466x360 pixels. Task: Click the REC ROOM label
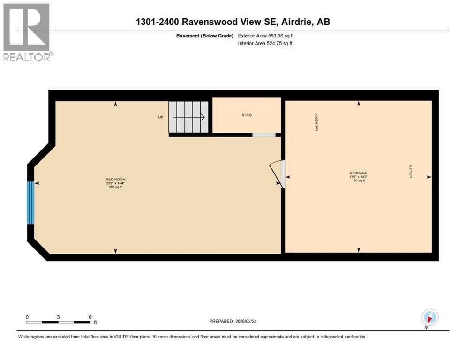click(x=115, y=180)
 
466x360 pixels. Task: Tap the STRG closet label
click(x=247, y=115)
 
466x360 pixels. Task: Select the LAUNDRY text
click(x=316, y=122)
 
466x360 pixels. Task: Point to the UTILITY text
click(x=411, y=171)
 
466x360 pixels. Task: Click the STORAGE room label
click(x=358, y=172)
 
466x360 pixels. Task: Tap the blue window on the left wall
click(x=31, y=202)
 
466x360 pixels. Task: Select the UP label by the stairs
click(x=161, y=117)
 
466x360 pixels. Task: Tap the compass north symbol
click(x=430, y=317)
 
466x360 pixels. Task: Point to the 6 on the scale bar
click(x=90, y=317)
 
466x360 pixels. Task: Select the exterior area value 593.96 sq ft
click(x=280, y=35)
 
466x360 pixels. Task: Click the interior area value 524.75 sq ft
click(x=280, y=44)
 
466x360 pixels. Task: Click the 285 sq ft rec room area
click(x=115, y=187)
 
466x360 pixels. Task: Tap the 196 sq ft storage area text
click(x=358, y=180)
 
